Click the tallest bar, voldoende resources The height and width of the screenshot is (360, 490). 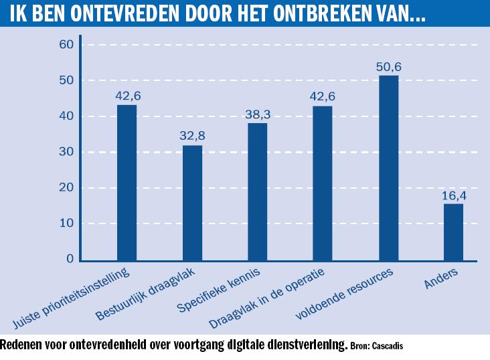click(x=388, y=168)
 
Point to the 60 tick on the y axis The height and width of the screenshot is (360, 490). click(x=66, y=45)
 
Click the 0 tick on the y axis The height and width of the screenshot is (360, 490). click(x=70, y=260)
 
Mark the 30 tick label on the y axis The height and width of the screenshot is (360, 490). click(x=66, y=152)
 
